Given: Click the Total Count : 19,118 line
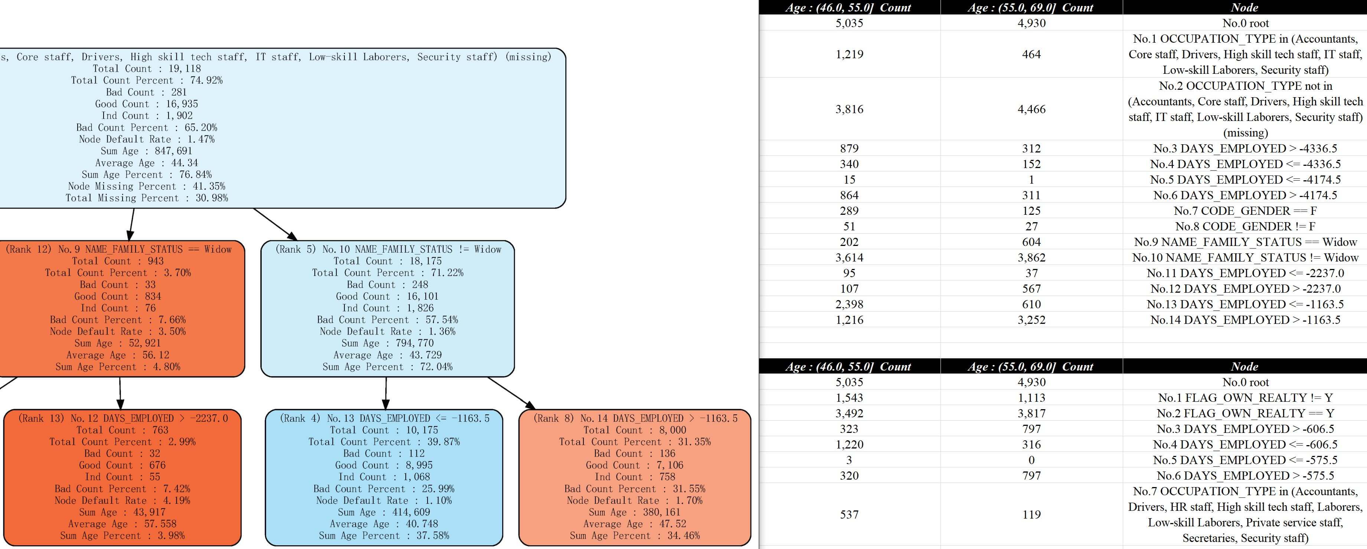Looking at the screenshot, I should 147,68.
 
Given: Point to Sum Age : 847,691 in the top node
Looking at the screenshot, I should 147,151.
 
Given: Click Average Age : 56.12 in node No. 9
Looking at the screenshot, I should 118,355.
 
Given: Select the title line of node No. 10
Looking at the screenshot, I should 388,249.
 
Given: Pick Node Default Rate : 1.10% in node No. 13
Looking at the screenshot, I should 384,500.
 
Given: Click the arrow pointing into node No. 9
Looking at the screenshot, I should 131,224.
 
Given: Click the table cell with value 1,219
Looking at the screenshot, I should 849,54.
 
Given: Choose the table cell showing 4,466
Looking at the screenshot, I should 1031,109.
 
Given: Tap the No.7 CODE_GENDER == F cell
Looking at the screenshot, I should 1245,211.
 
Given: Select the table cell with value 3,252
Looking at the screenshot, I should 1031,320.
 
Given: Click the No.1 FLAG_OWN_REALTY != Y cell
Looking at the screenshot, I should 1245,398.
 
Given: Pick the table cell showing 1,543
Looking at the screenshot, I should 849,398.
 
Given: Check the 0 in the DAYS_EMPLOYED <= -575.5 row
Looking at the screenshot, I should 1031,460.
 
